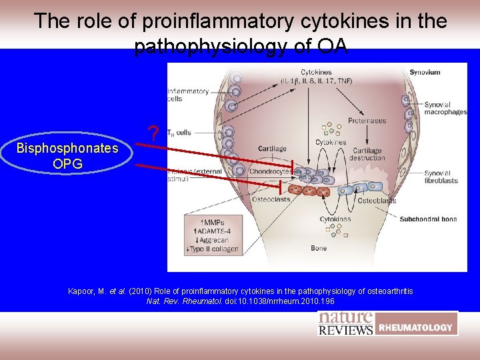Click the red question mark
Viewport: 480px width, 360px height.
pos(154,135)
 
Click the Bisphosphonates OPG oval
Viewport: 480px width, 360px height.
pos(67,155)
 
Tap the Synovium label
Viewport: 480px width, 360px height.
pos(425,72)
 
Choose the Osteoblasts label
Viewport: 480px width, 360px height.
pos(377,200)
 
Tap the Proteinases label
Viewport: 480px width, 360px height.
pos(367,121)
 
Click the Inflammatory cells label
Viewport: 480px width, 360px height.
pos(188,95)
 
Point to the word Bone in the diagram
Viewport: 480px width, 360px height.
pos(319,248)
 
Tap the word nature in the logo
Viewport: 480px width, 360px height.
pos(345,318)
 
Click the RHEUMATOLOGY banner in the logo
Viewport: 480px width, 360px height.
pos(416,327)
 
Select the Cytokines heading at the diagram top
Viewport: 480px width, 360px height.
pos(316,72)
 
